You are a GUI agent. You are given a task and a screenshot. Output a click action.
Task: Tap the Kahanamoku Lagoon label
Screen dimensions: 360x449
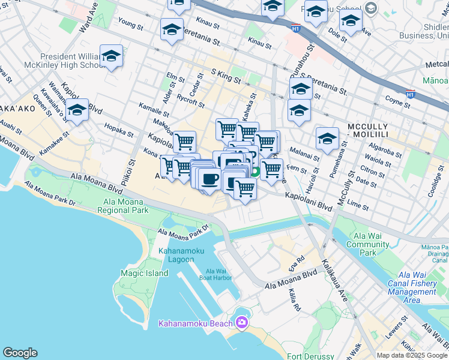(176, 255)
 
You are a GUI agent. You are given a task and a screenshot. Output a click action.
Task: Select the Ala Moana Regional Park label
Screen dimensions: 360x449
(126, 206)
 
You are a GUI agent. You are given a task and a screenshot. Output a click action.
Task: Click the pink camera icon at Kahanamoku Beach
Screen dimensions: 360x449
(241, 323)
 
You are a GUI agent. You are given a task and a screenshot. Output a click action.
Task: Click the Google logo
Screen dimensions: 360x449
(20, 353)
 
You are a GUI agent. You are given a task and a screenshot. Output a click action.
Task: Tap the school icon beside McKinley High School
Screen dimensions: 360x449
(111, 57)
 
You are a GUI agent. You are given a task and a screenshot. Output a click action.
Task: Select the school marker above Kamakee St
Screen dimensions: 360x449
(77, 111)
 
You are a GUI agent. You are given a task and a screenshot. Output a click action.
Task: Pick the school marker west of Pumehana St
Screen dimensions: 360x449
(327, 139)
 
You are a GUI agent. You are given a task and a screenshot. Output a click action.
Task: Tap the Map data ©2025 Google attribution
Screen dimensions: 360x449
(412, 355)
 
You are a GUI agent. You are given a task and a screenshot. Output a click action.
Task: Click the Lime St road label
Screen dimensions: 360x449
(358, 205)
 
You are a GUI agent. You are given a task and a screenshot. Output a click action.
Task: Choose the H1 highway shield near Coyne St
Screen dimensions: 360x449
(411, 94)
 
